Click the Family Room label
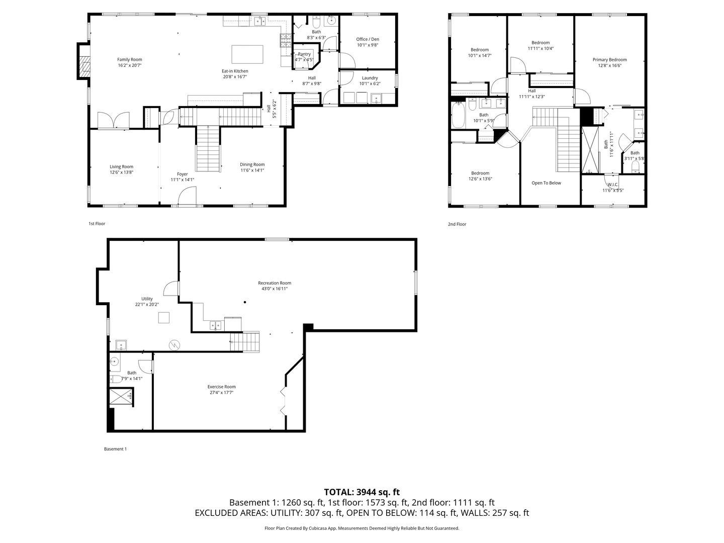point(130,59)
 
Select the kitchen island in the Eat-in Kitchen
point(247,54)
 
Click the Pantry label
point(304,54)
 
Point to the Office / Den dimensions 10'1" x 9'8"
point(368,45)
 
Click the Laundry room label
point(370,78)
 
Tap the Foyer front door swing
point(188,196)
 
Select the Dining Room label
point(252,164)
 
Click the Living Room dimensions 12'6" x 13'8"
point(122,172)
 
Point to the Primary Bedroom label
point(609,60)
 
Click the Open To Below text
point(546,183)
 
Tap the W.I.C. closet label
point(613,185)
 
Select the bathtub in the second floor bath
point(458,116)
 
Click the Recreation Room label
point(275,283)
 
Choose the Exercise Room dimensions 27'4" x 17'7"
point(221,393)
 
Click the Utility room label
point(147,299)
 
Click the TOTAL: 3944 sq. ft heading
point(361,492)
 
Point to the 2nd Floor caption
point(457,224)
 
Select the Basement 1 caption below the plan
point(115,449)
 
